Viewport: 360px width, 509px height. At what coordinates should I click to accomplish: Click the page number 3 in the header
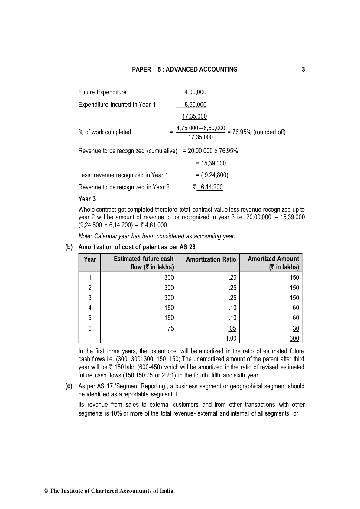(x=303, y=70)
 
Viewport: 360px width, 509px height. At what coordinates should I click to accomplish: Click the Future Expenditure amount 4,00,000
(x=195, y=92)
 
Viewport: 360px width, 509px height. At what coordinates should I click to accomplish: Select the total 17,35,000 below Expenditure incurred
(x=194, y=116)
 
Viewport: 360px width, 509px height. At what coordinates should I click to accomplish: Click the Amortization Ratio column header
(x=211, y=259)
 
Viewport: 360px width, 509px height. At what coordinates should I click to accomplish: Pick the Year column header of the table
(x=90, y=259)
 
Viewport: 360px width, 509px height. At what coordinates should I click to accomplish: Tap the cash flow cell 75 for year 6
(x=170, y=328)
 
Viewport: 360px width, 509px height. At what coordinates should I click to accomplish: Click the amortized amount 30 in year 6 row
(x=296, y=328)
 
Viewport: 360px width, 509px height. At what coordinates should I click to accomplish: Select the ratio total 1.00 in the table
(x=231, y=338)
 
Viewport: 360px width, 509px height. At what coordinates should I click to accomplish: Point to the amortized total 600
(x=294, y=338)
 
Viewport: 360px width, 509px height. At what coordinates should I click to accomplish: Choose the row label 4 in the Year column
(x=90, y=308)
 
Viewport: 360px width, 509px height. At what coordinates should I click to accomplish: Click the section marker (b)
(x=69, y=247)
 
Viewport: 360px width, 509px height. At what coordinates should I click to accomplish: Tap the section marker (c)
(x=69, y=386)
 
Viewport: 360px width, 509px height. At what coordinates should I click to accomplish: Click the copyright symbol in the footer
(x=46, y=491)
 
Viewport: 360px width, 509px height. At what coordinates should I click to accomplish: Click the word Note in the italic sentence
(x=85, y=236)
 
